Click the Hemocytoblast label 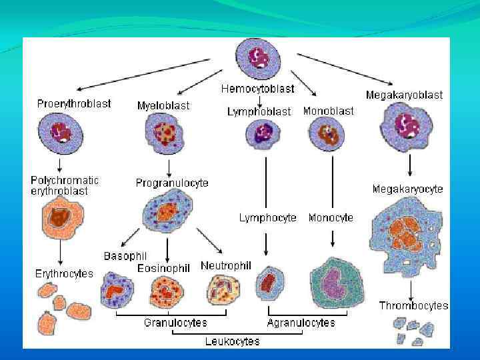(257, 88)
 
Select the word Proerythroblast (74, 103)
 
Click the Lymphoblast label (259, 112)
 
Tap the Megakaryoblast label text (404, 95)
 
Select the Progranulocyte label (172, 183)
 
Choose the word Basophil (125, 256)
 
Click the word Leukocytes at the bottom (232, 341)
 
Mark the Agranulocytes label (301, 323)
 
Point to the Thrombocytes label (413, 306)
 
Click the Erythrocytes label (64, 273)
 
